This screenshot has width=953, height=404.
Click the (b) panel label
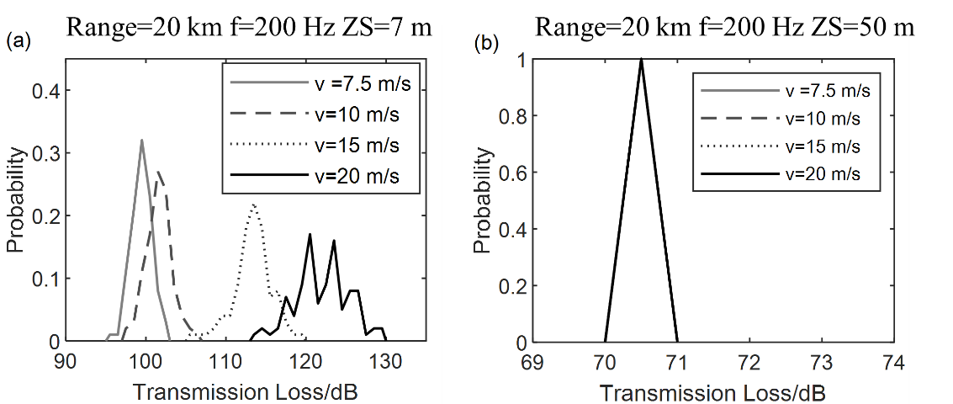[x=487, y=43]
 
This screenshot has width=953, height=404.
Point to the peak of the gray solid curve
[x=141, y=141]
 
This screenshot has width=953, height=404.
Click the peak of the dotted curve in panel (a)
[x=253, y=205]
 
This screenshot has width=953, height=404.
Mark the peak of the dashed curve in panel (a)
[x=157, y=173]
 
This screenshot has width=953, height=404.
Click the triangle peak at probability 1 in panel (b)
[x=641, y=60]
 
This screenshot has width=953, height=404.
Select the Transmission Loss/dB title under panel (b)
[x=712, y=392]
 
